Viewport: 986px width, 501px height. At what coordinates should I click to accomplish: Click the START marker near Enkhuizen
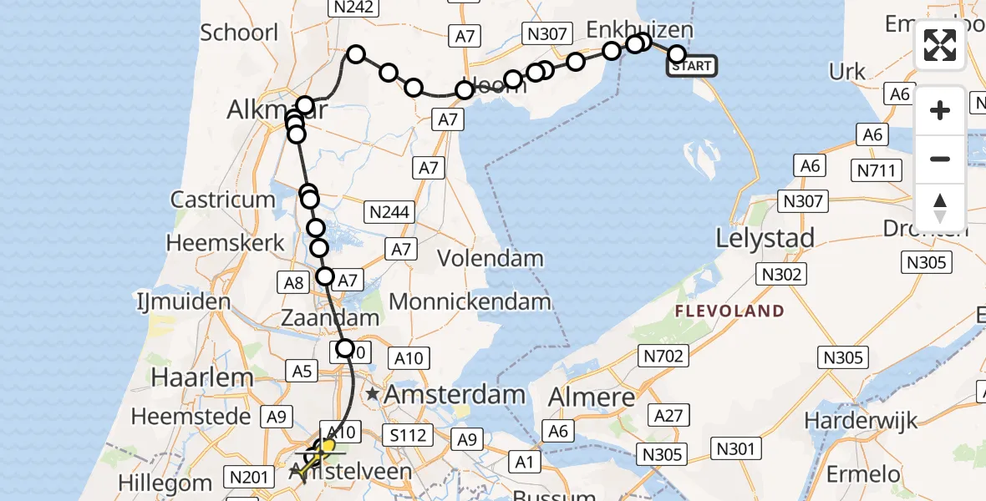(692, 65)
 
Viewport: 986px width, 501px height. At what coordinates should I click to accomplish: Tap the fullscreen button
(940, 45)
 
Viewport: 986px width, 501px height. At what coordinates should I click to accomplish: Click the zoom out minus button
(940, 159)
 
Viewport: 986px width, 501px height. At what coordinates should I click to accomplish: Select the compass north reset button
(940, 208)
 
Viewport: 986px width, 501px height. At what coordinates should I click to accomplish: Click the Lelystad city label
(765, 239)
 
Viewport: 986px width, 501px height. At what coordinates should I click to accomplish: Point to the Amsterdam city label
(455, 394)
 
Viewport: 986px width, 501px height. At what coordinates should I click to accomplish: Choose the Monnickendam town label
(470, 301)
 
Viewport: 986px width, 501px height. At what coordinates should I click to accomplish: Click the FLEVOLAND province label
(729, 311)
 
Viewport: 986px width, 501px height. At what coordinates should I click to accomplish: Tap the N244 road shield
(389, 212)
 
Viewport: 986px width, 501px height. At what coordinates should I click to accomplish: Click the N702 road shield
(664, 357)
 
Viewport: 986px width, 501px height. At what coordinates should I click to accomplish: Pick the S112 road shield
(408, 434)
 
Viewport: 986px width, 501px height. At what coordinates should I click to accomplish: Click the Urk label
(847, 72)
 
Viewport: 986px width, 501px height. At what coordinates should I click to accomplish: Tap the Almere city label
(592, 397)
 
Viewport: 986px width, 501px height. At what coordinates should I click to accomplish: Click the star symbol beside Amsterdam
(372, 393)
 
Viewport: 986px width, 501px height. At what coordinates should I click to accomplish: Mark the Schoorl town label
(239, 33)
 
